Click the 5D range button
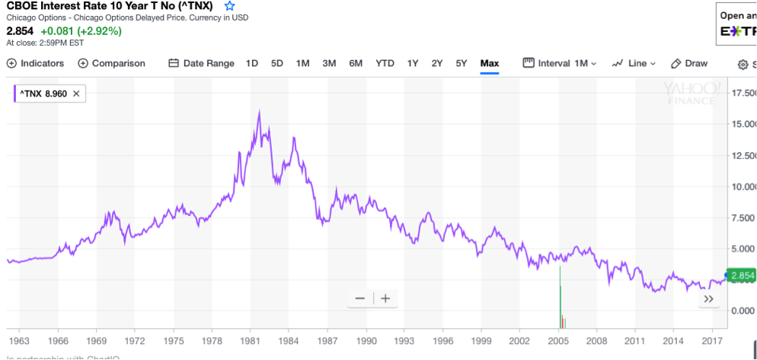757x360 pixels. pos(277,63)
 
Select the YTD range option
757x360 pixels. pos(385,63)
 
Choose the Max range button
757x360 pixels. pos(489,63)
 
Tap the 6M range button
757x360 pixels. pos(356,63)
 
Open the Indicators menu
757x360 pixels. pos(36,63)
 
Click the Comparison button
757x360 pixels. pos(111,63)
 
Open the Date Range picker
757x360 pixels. pos(201,63)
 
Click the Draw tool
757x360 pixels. pos(689,63)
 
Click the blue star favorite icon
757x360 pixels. pos(230,6)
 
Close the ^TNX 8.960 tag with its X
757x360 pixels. pos(76,94)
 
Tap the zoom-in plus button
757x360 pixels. pos(385,298)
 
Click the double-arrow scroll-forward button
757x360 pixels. pos(709,299)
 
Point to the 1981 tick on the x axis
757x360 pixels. pos(251,341)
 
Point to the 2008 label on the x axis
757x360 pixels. pos(597,341)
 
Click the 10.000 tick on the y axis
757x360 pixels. pos(743,186)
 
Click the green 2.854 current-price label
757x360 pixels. pos(741,276)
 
